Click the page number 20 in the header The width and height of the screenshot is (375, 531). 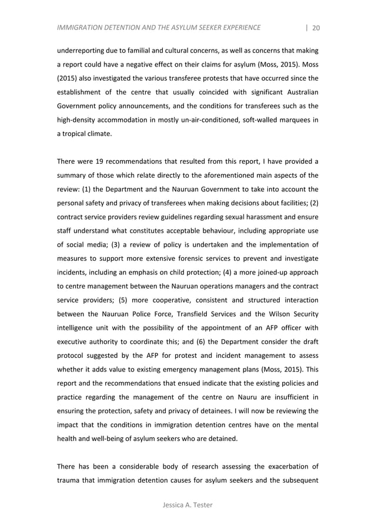[x=316, y=27]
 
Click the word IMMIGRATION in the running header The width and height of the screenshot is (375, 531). [x=83, y=27]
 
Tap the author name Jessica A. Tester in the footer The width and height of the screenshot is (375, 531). [x=187, y=505]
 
